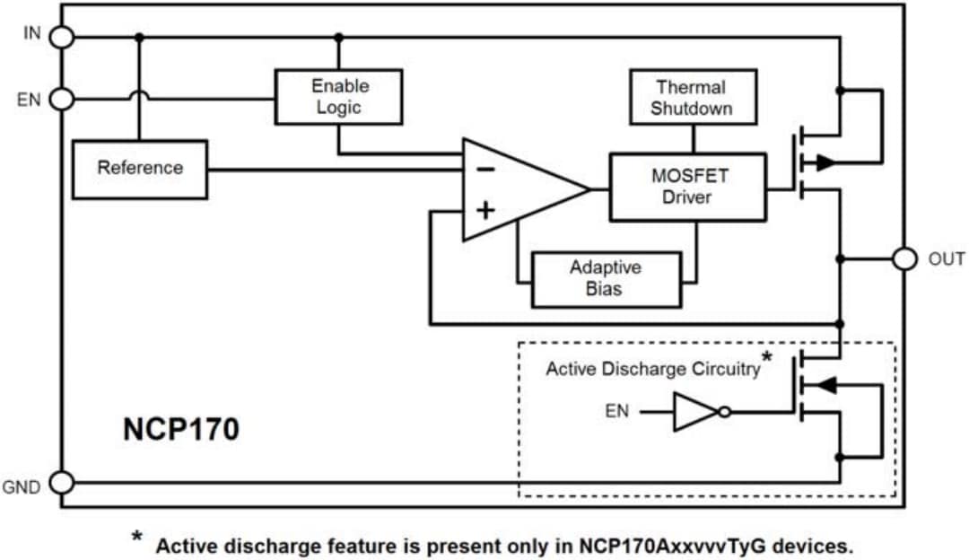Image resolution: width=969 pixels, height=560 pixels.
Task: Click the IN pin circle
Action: pos(61,37)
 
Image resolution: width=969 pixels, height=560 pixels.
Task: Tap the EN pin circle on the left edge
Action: pos(61,99)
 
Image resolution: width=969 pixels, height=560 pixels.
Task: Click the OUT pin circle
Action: pos(904,258)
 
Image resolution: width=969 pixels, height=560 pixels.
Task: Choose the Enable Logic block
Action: pos(338,97)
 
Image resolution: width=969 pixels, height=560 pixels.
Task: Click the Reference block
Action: pos(139,169)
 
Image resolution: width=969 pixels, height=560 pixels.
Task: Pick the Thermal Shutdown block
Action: pos(692,97)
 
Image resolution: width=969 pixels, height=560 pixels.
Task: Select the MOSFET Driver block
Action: pos(687,187)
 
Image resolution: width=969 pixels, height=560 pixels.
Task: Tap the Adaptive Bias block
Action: pos(606,279)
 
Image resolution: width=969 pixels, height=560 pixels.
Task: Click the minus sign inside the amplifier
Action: pos(484,169)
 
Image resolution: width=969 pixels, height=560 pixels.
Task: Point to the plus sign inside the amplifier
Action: pos(484,211)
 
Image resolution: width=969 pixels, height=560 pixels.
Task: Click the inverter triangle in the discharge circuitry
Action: pos(696,413)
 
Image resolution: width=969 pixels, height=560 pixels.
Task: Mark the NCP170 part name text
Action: pos(181,430)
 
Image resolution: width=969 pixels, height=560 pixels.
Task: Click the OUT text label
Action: pos(946,259)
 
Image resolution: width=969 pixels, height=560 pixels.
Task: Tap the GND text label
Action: pos(22,487)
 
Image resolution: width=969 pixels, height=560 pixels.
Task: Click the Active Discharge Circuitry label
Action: pos(652,369)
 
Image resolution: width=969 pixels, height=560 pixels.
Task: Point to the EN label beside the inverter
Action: pos(617,412)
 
